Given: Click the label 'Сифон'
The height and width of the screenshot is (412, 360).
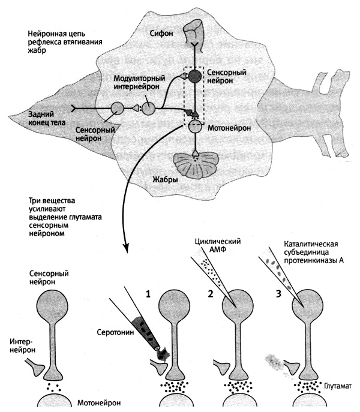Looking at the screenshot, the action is point(161,34).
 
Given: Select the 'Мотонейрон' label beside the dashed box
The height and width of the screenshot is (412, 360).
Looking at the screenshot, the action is point(229,128).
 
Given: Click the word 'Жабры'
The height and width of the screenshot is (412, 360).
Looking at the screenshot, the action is point(165,179).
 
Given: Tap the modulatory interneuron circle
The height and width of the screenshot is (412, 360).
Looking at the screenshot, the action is point(149,108).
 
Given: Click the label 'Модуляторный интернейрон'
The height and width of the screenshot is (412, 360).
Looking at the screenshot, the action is point(139,82).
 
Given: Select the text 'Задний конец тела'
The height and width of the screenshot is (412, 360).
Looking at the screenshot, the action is point(47,118).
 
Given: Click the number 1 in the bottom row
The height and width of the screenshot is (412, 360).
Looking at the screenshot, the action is point(148,294).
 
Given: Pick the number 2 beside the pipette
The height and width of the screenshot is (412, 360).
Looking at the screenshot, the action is point(210,294).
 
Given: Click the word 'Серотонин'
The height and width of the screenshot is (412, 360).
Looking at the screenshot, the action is point(115,332).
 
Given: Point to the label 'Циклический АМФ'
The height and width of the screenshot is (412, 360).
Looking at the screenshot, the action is point(218,245).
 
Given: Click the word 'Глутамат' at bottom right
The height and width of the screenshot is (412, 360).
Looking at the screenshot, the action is point(338,386).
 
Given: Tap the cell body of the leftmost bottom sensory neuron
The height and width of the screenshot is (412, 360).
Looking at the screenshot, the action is point(53,306).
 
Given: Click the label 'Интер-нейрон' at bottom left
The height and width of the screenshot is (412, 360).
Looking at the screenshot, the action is point(23,346).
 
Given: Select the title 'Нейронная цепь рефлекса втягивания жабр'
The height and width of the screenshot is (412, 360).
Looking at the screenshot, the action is point(65,42).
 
